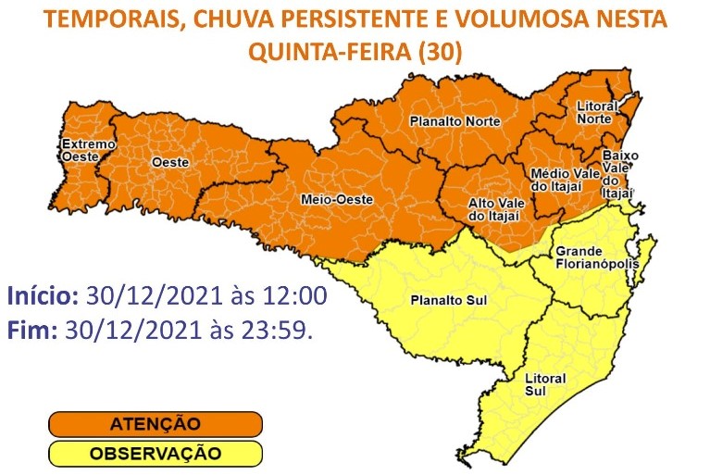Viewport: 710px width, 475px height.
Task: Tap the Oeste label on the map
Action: click(169, 162)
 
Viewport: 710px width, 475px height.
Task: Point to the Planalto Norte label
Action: click(455, 121)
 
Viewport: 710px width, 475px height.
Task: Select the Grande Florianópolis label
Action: click(592, 257)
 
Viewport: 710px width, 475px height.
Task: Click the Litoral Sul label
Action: click(544, 384)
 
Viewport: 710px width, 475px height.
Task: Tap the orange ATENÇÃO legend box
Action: click(155, 424)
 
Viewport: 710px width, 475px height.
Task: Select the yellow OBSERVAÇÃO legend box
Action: click(155, 454)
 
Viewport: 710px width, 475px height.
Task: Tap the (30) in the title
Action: click(440, 54)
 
